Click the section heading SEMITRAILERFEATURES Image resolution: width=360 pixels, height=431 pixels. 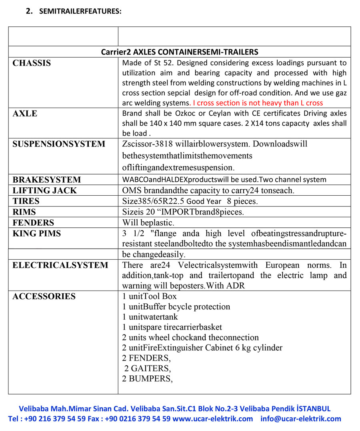80,11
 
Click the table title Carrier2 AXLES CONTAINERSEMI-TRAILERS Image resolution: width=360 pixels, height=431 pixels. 180,52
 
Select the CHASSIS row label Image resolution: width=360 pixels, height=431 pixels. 32,63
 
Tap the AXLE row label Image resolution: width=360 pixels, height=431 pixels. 25,114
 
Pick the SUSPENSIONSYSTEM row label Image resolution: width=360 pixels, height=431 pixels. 59,144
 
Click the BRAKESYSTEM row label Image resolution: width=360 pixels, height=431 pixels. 46,180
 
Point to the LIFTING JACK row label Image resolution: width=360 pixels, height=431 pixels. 44,190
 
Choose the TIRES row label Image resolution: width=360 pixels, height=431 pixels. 26,201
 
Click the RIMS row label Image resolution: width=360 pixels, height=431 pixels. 24,212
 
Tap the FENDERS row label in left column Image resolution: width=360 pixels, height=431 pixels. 33,223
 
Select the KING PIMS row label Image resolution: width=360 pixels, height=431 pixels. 37,234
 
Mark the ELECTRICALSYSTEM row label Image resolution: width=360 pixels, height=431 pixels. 60,265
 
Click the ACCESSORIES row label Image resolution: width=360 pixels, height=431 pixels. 44,297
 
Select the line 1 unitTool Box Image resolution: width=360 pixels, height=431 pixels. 150,297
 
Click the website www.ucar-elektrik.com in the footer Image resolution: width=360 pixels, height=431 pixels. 213,419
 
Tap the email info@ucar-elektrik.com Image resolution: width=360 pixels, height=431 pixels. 301,419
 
